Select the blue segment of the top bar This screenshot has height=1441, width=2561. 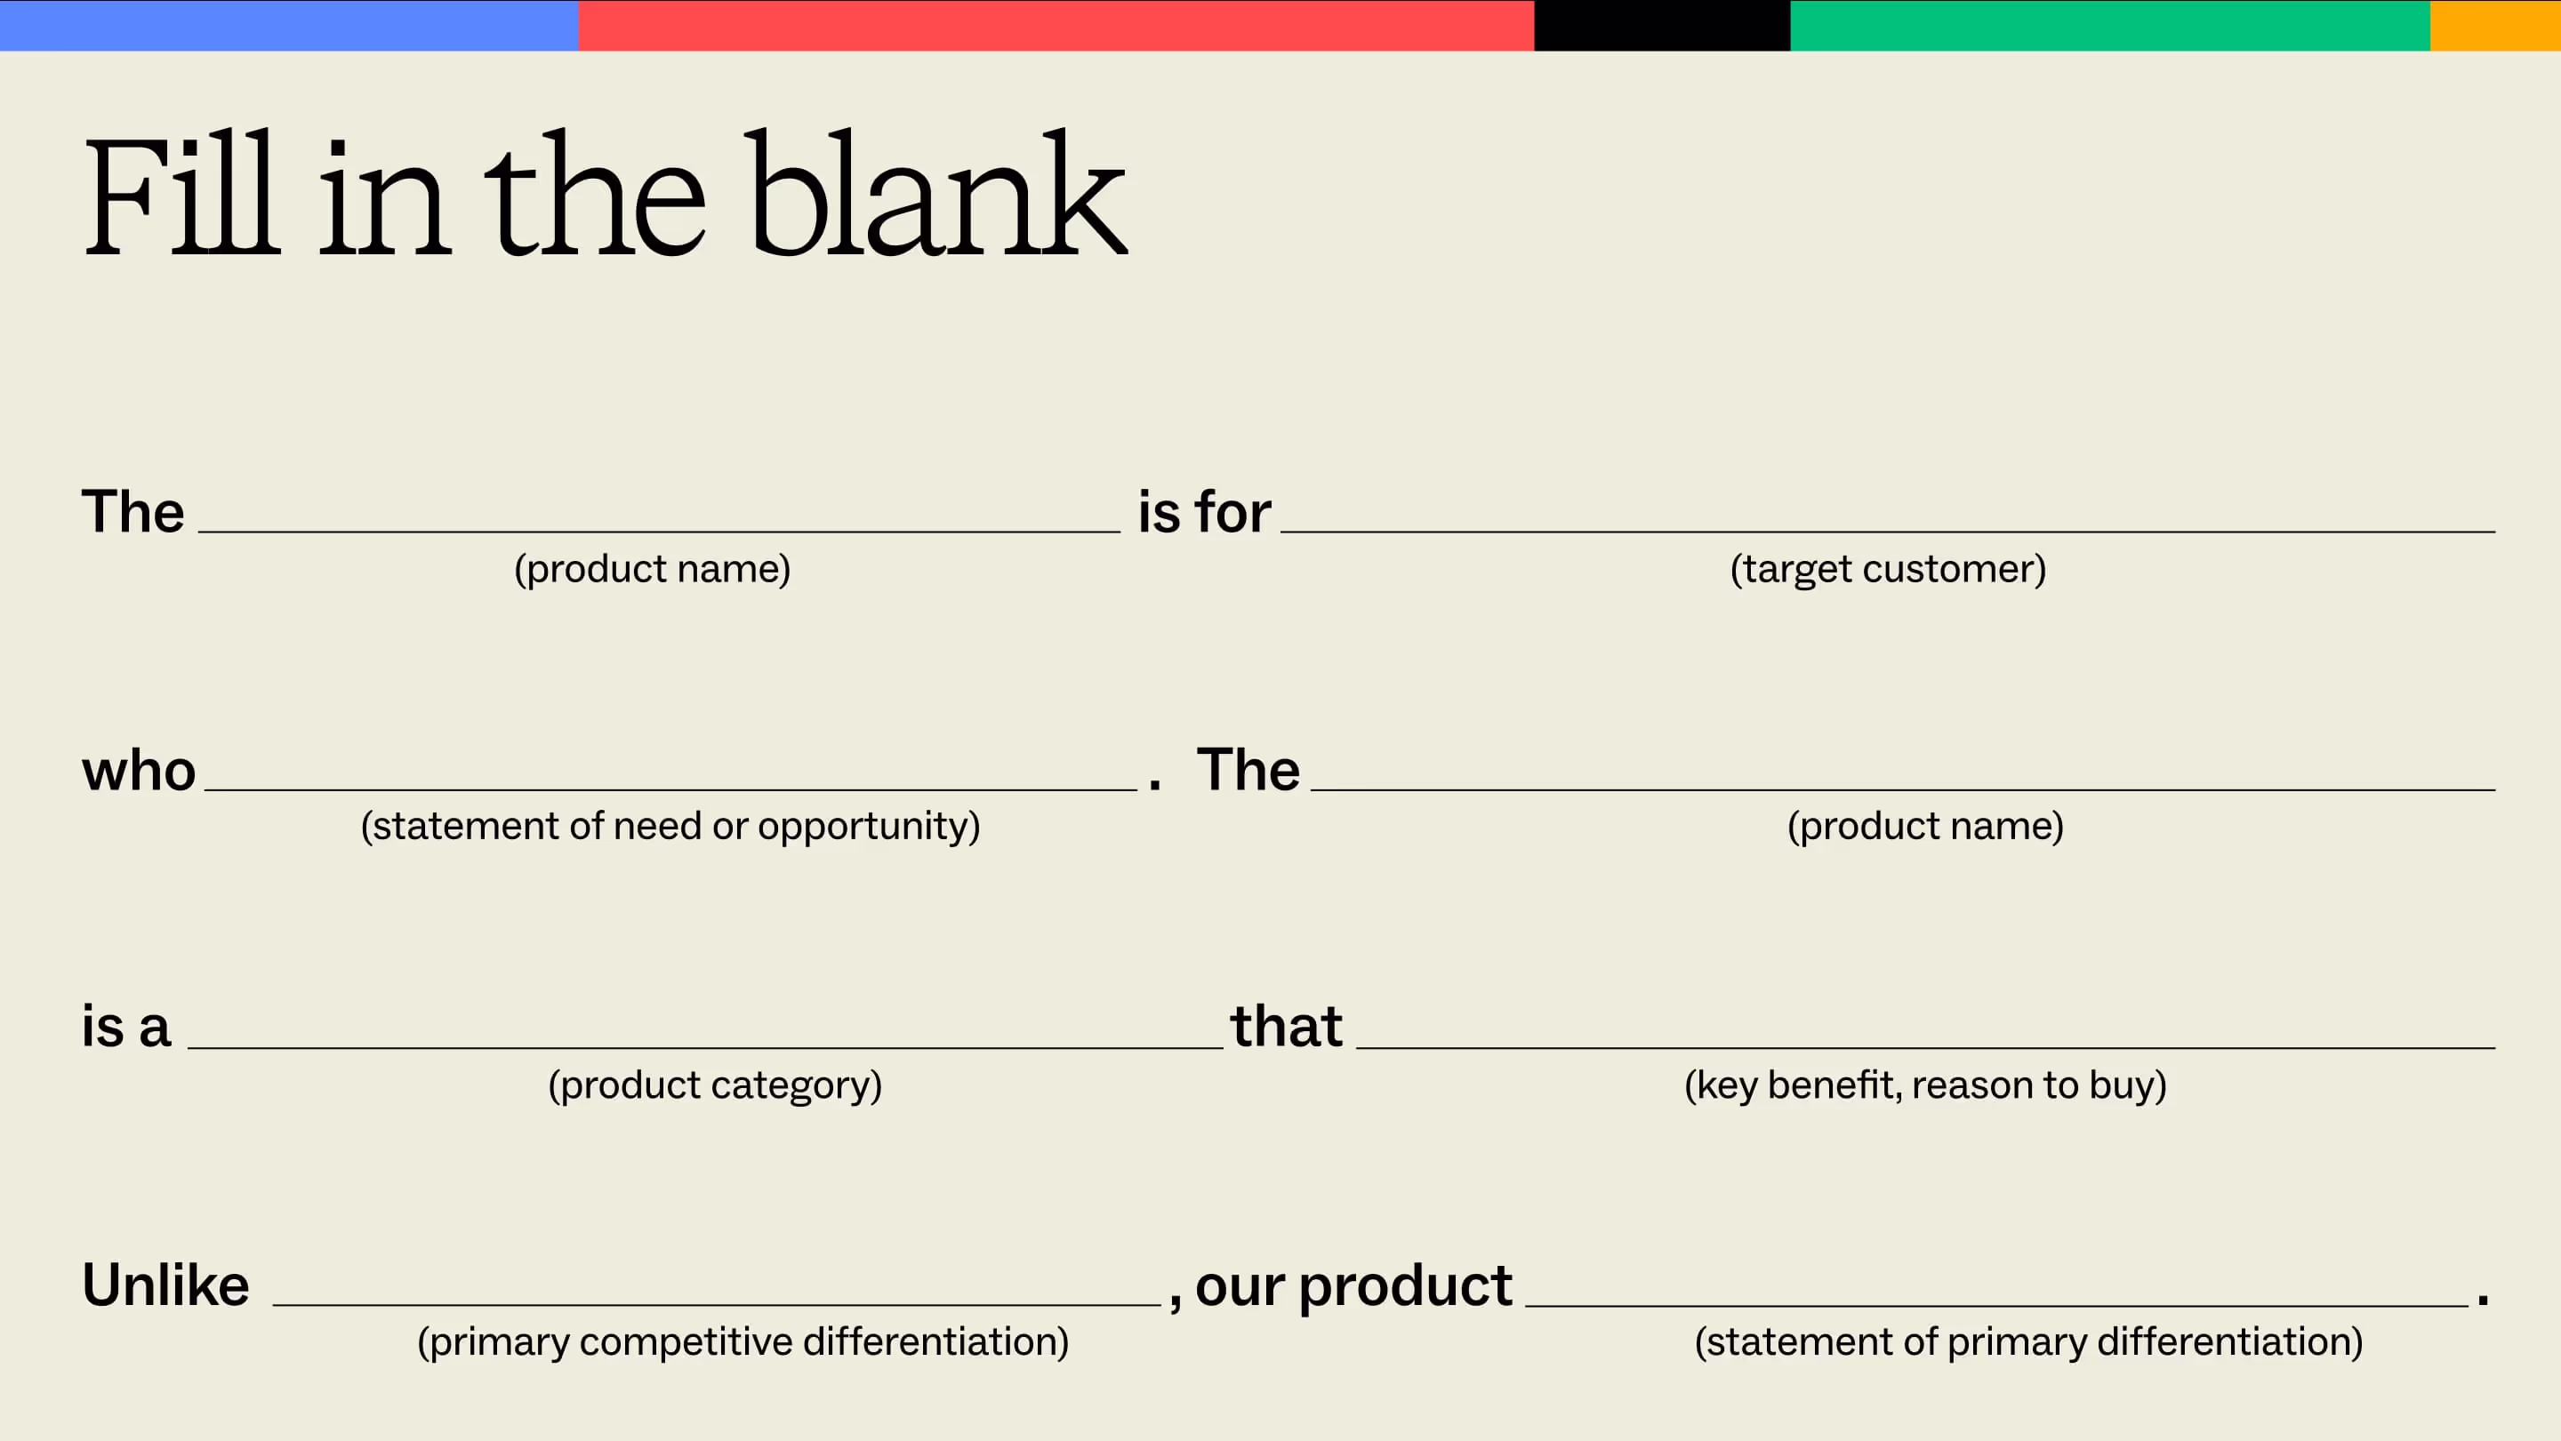(x=288, y=25)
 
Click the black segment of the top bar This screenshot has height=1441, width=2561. (x=1661, y=25)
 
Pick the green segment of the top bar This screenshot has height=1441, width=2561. (x=2109, y=25)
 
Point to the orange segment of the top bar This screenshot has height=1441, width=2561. (x=2495, y=25)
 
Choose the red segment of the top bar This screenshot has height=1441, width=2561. (x=1056, y=25)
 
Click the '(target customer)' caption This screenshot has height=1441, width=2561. (x=1888, y=570)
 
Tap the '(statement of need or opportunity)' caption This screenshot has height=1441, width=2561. (x=670, y=827)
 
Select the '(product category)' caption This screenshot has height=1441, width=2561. (x=715, y=1085)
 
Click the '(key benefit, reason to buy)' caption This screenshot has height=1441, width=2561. (x=1924, y=1085)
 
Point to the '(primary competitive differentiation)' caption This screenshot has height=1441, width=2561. (x=743, y=1342)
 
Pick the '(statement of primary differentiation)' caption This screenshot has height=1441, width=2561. (x=2028, y=1342)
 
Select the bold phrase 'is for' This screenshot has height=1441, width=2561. (x=1204, y=513)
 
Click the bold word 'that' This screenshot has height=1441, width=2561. (x=1287, y=1027)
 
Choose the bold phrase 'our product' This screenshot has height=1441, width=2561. (x=1353, y=1286)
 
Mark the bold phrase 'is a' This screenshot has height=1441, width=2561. (x=126, y=1028)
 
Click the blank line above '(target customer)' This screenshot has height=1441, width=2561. (x=1888, y=531)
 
